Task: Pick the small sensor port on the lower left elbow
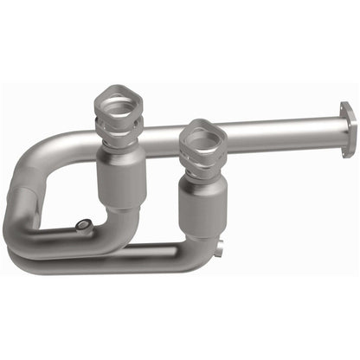click(x=82, y=225)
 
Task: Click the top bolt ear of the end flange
click(x=347, y=108)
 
